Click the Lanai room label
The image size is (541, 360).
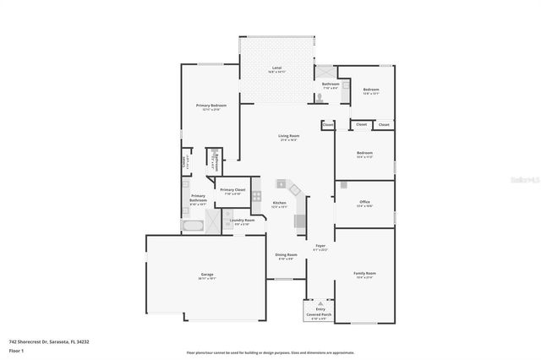(x=276, y=68)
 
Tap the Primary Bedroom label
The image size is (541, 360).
(x=211, y=106)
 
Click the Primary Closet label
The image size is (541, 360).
(x=232, y=191)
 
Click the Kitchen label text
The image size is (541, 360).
(x=280, y=204)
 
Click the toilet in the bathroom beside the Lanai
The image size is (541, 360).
(x=320, y=98)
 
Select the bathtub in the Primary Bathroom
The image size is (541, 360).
(x=192, y=226)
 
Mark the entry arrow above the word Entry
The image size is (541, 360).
(x=320, y=303)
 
